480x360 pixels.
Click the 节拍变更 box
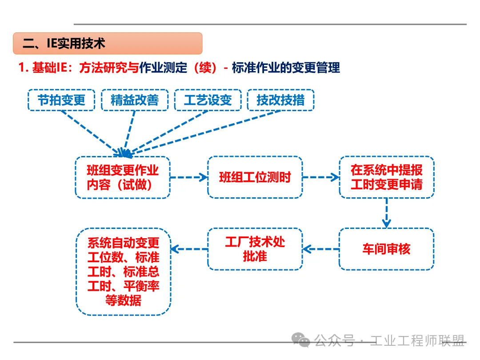point(61,100)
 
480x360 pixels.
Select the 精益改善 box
point(135,100)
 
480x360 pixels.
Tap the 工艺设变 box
point(208,100)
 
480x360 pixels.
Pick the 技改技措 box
point(280,100)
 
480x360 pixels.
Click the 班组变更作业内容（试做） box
point(123,177)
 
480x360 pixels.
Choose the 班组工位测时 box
point(255,177)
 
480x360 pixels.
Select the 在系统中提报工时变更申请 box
point(386,177)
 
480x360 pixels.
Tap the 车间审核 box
point(386,249)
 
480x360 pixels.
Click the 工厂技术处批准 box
point(255,249)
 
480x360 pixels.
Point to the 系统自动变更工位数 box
point(123,272)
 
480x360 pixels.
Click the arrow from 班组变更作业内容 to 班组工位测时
point(189,177)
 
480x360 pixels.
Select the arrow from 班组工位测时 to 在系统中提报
point(320,177)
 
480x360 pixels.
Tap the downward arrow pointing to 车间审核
point(386,212)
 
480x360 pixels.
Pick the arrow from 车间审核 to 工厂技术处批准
point(320,249)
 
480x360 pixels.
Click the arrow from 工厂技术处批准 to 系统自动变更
point(189,249)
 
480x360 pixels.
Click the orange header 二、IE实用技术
point(108,44)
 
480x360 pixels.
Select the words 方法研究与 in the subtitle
point(109,68)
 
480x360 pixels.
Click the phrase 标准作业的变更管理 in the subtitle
point(286,68)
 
